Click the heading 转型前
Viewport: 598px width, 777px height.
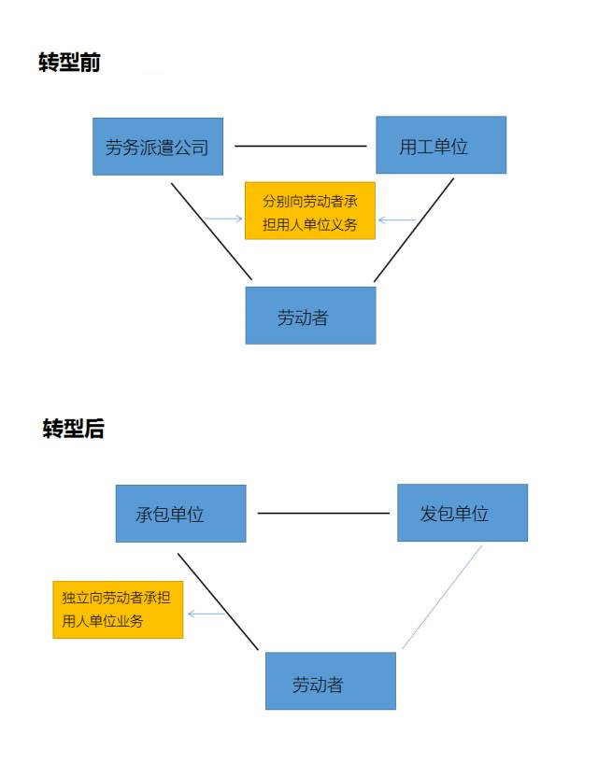point(69,63)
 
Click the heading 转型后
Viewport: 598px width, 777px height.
point(73,429)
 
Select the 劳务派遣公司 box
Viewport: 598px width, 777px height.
point(157,146)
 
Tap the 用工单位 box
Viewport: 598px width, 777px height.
point(440,145)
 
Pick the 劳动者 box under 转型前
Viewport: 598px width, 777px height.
point(310,316)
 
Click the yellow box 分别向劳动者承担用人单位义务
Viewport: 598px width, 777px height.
point(309,212)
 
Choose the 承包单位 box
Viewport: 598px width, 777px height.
point(180,514)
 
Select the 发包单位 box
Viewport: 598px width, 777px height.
point(462,513)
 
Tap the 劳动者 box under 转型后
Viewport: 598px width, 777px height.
point(330,681)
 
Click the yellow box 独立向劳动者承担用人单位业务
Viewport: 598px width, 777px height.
point(117,609)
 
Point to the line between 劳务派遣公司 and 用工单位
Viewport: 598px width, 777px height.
point(300,146)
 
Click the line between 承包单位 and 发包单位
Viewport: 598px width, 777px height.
point(322,513)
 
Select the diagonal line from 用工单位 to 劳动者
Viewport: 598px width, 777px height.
point(414,229)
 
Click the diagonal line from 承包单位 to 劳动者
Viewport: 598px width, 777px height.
point(218,600)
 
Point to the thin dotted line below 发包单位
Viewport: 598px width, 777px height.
point(442,598)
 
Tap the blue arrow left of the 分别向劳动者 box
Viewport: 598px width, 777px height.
point(223,219)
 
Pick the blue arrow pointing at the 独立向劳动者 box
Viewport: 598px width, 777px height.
point(206,614)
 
